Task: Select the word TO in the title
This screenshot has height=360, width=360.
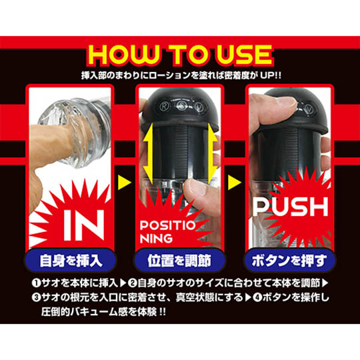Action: click(189, 55)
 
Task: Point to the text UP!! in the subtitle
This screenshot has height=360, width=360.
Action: click(271, 75)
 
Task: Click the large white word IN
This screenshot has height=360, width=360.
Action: click(84, 225)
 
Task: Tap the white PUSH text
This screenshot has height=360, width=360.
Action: click(291, 207)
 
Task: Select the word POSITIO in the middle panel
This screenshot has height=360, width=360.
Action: click(167, 225)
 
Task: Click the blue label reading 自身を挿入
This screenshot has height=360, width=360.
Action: click(71, 261)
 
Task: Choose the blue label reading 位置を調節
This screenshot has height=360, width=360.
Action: click(179, 261)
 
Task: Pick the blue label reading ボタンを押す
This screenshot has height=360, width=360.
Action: click(289, 261)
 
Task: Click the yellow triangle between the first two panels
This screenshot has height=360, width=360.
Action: click(124, 183)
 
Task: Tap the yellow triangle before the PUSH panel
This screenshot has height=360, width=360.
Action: click(234, 183)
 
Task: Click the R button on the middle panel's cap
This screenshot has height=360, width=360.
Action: click(165, 107)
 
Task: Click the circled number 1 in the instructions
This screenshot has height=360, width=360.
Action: click(36, 283)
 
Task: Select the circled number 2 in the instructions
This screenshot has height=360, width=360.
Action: click(133, 283)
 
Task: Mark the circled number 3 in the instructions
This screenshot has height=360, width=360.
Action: click(36, 297)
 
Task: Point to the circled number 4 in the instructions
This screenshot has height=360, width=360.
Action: click(257, 297)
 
